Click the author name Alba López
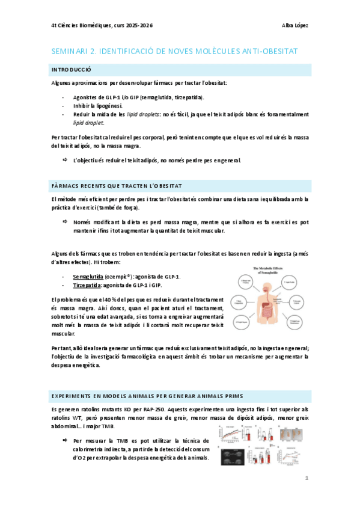[294, 26]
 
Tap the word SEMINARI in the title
[70, 52]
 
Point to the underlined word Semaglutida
[87, 276]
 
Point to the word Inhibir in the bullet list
[81, 105]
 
